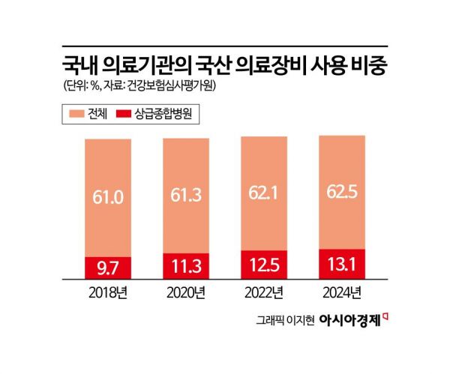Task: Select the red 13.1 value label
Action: click(x=342, y=262)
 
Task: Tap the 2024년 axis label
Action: click(x=342, y=291)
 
